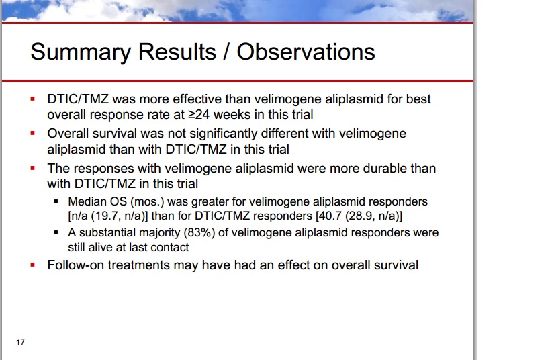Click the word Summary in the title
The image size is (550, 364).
click(x=81, y=52)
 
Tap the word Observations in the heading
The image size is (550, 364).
click(x=306, y=52)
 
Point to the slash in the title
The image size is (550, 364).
click(x=226, y=52)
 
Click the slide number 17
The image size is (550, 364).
click(x=20, y=343)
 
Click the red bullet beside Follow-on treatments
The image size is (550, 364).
click(x=33, y=265)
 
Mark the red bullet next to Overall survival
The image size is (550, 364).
click(x=33, y=133)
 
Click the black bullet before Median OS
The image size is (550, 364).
click(x=56, y=201)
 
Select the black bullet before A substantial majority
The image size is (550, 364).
click(x=56, y=232)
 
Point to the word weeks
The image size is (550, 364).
click(x=230, y=115)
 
